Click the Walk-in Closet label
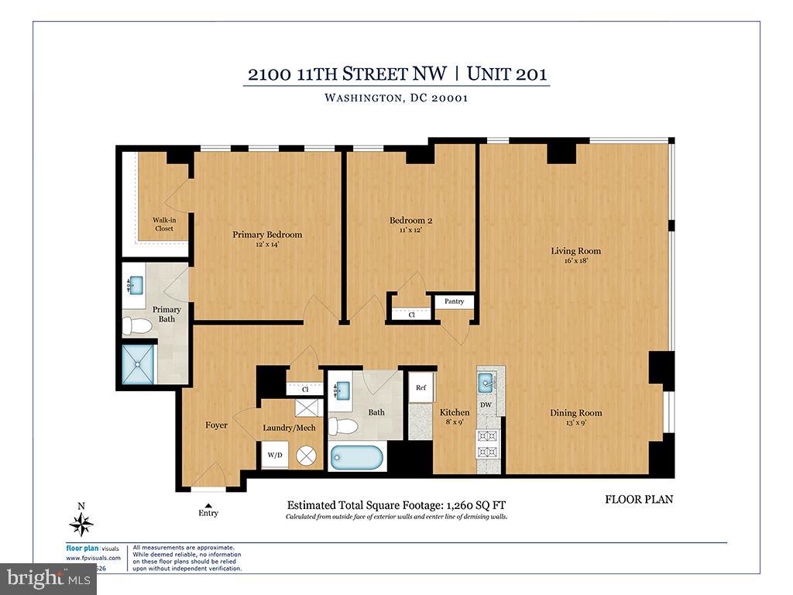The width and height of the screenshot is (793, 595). pyautogui.click(x=163, y=225)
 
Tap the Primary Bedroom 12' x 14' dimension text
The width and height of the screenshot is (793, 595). pyautogui.click(x=267, y=245)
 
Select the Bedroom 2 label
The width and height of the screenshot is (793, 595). pyautogui.click(x=410, y=221)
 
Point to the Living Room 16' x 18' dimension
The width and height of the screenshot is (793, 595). pyautogui.click(x=575, y=261)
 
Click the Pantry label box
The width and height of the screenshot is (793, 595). pyautogui.click(x=454, y=301)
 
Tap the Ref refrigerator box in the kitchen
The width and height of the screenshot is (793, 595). pyautogui.click(x=421, y=388)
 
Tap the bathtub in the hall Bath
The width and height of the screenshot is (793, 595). pyautogui.click(x=357, y=457)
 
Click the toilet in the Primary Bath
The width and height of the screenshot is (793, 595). pyautogui.click(x=138, y=325)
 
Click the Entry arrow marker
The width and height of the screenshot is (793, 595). pyautogui.click(x=208, y=505)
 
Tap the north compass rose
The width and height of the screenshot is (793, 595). pyautogui.click(x=81, y=524)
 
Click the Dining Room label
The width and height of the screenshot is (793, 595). pyautogui.click(x=575, y=413)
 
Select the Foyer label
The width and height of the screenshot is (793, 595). pyautogui.click(x=216, y=425)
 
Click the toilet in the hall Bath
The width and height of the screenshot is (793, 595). pyautogui.click(x=344, y=425)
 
